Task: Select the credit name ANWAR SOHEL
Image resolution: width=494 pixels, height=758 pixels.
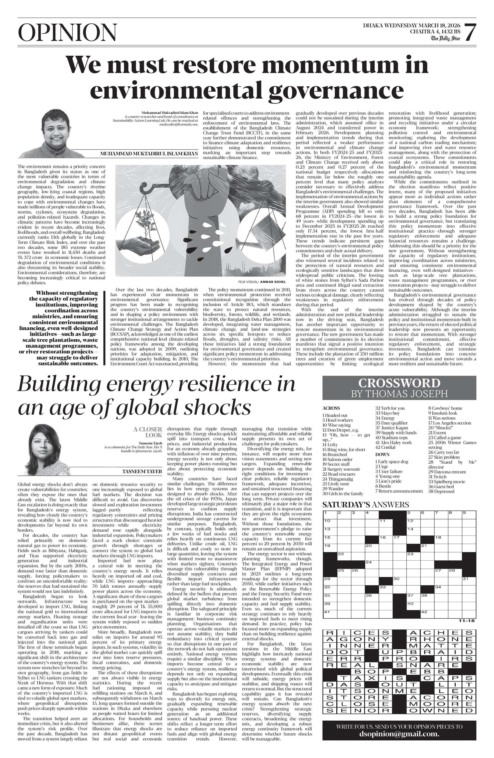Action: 273,282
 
